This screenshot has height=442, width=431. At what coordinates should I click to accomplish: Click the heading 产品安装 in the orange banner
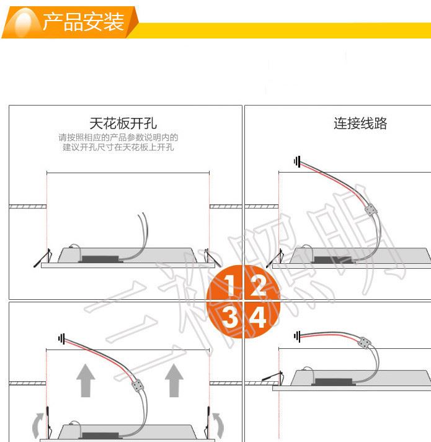(x=83, y=22)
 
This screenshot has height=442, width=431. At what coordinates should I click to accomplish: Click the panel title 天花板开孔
(x=123, y=124)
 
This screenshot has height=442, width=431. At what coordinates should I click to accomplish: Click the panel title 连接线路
(x=360, y=124)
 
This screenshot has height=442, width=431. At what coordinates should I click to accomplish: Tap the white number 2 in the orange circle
(x=258, y=285)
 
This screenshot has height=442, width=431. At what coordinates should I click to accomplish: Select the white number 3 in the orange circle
(x=229, y=317)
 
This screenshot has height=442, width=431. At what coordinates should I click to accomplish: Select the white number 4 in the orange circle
(x=257, y=317)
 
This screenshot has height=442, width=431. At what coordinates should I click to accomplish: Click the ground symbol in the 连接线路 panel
(x=297, y=161)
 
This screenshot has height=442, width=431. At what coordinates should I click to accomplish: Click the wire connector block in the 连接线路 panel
(x=371, y=210)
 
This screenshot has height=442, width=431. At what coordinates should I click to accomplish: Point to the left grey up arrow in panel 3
(x=86, y=381)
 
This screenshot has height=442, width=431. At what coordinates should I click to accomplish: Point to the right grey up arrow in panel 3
(x=174, y=381)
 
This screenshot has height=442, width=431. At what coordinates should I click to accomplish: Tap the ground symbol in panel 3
(x=61, y=338)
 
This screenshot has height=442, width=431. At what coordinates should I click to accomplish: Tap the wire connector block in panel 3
(x=137, y=386)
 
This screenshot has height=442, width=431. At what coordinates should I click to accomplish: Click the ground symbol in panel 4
(x=297, y=336)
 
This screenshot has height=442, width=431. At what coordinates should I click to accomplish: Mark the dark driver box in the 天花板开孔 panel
(x=100, y=259)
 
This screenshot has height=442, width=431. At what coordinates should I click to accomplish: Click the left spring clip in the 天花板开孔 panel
(x=43, y=258)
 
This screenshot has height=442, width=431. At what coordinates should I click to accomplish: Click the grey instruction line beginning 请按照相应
(x=118, y=138)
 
